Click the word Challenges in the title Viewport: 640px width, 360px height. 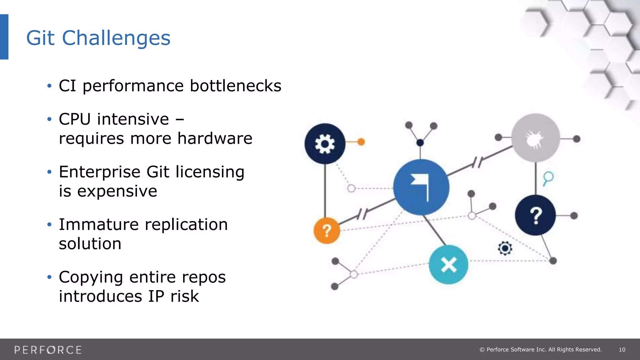(x=116, y=38)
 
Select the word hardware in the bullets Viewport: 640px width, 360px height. (x=215, y=138)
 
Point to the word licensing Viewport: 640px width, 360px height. (x=210, y=172)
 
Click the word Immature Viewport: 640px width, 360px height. (x=99, y=225)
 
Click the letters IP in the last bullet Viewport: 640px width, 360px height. (x=156, y=296)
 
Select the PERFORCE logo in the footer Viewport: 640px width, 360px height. (x=48, y=350)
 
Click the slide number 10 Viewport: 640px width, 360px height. (x=622, y=350)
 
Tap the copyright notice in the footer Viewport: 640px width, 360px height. (x=540, y=350)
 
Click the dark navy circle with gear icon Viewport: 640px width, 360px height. (x=325, y=144)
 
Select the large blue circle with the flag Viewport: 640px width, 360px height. (x=421, y=187)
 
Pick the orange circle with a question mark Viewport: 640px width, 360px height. (x=327, y=231)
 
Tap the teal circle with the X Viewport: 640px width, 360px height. (x=448, y=265)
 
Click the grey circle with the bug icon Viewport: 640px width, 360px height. (x=536, y=138)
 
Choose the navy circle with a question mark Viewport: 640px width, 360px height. (x=535, y=215)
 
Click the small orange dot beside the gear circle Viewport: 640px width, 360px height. (x=361, y=142)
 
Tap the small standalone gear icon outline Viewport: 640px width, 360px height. (x=505, y=248)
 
